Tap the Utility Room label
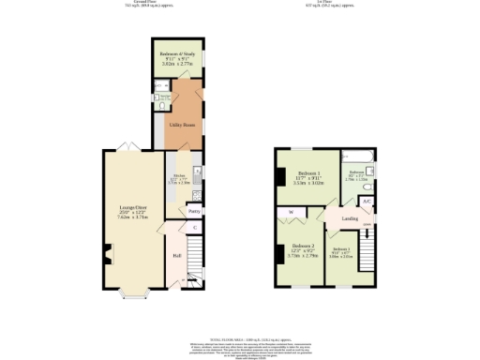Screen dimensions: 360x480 tap(182, 123)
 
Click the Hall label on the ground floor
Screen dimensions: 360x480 tap(176, 255)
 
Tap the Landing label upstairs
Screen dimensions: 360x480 tap(349, 219)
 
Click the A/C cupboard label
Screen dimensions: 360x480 tap(367, 201)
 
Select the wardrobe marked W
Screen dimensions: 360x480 tap(292, 213)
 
